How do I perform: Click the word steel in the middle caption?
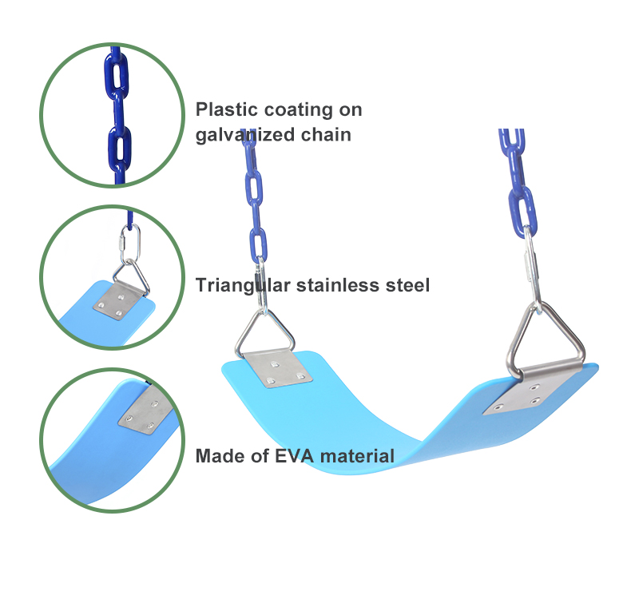(407, 285)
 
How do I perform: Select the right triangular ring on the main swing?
(547, 339)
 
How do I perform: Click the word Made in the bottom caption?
(217, 456)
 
